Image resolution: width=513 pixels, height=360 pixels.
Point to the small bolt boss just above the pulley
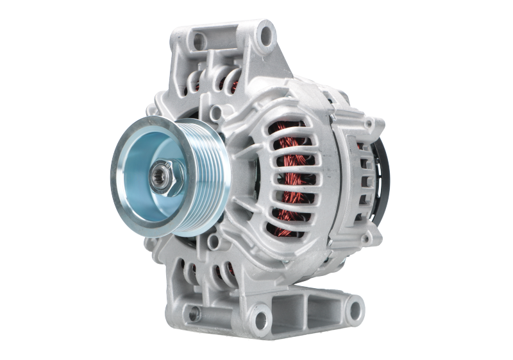tap(217, 114)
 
